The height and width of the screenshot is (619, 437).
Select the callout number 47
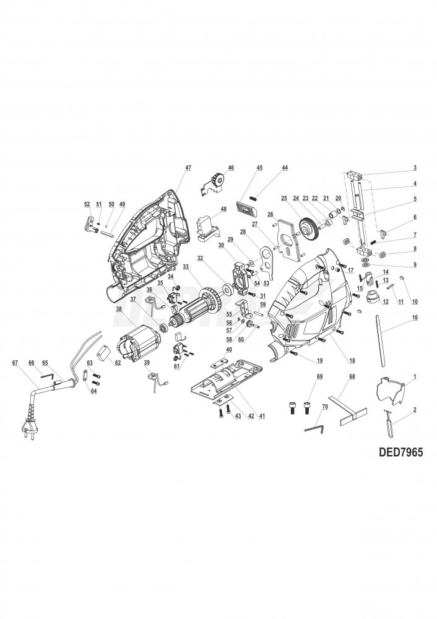click(188, 168)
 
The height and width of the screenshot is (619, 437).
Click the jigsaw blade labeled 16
click(383, 347)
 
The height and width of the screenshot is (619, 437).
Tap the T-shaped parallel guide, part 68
click(347, 406)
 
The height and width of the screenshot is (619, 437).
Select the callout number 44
click(285, 168)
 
